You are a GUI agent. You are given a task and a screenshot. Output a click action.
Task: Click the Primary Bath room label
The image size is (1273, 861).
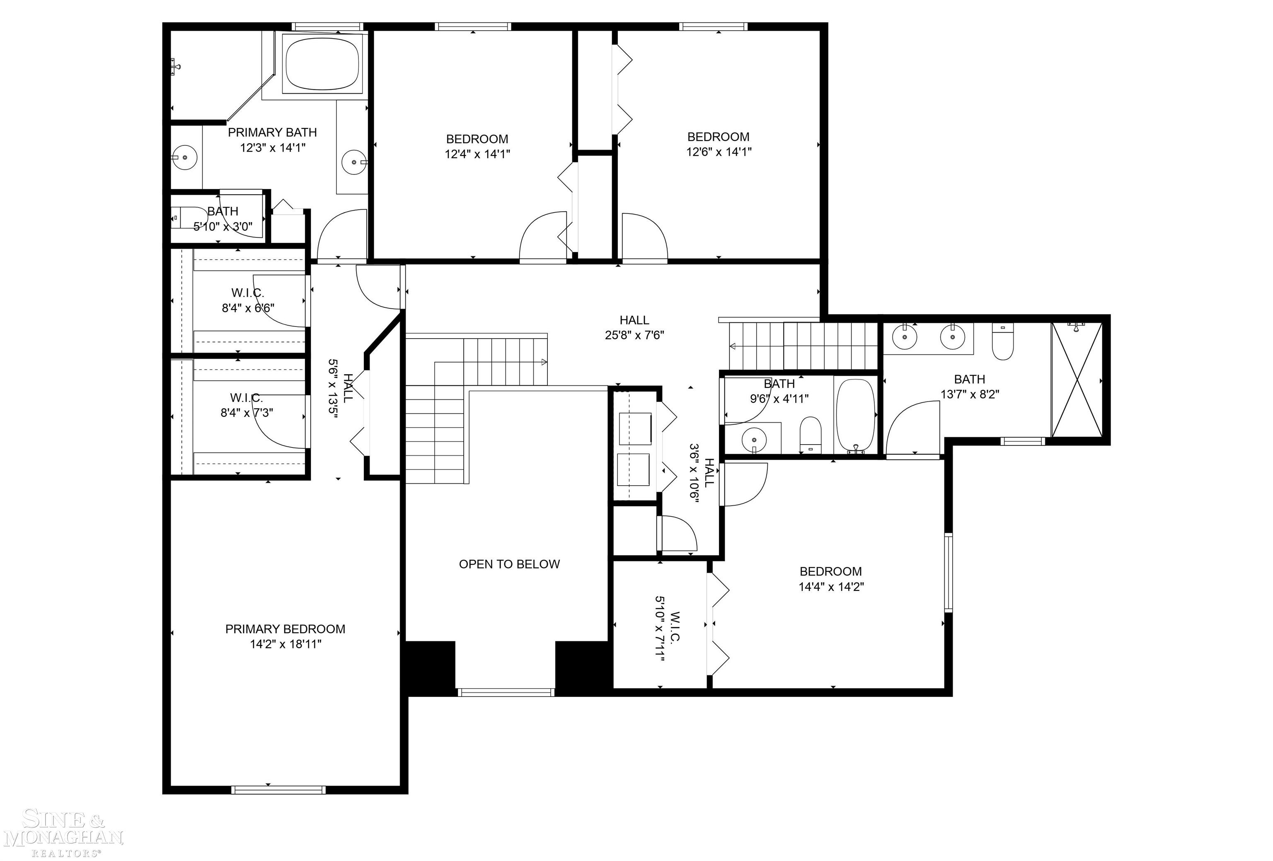272,133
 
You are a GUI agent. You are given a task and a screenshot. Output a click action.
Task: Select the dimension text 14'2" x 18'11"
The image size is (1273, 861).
286,644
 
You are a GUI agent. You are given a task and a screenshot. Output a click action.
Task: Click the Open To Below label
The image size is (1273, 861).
509,564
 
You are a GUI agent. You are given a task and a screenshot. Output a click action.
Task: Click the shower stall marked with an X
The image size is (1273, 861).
1076,380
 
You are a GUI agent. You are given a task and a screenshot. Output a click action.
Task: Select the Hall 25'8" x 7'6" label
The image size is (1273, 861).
634,327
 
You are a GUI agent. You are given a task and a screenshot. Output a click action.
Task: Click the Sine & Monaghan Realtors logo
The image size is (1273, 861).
63,835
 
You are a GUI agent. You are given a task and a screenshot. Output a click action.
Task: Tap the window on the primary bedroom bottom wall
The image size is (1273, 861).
278,790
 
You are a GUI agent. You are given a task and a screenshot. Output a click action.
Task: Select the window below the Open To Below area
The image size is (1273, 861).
506,693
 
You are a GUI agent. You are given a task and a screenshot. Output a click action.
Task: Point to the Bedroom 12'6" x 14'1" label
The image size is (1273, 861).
718,144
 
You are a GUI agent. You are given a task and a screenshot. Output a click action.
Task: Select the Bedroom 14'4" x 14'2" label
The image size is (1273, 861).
830,579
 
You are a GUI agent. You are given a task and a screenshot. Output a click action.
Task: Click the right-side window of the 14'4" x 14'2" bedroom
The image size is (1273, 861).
948,572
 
